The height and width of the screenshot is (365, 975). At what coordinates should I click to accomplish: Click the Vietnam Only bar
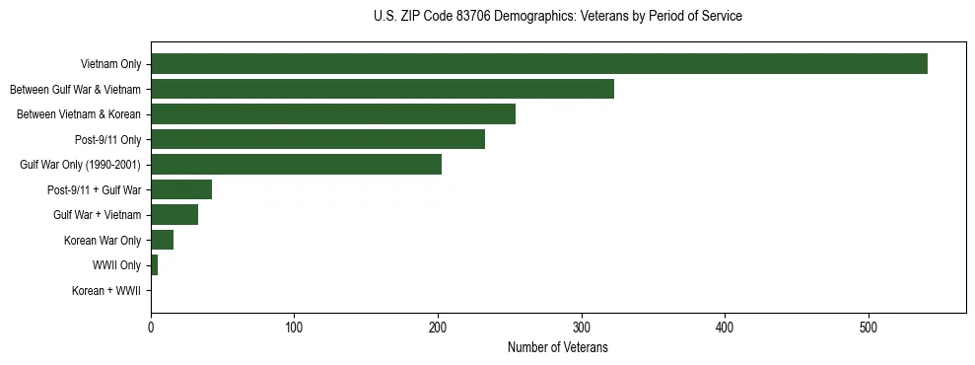point(538,64)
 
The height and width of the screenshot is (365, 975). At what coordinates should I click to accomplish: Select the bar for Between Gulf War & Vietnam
point(383,89)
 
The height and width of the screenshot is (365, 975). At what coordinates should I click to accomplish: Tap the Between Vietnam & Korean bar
point(333,114)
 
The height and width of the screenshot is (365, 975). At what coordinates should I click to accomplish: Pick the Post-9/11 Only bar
point(317,139)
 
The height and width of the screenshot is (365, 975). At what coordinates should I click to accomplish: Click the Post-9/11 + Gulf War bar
point(181,189)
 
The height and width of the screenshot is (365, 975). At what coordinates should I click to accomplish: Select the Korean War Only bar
point(162,240)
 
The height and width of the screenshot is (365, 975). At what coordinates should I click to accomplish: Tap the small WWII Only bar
point(154,265)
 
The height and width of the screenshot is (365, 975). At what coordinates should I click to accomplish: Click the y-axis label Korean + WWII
point(106,291)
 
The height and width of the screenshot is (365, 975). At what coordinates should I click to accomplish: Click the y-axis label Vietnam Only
point(110,64)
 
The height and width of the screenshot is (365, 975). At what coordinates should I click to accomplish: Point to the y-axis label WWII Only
point(116,265)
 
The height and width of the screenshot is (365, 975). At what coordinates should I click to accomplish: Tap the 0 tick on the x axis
point(151,328)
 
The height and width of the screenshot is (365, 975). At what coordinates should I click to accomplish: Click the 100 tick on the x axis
point(294,328)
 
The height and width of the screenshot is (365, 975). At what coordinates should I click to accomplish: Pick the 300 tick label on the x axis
point(582,328)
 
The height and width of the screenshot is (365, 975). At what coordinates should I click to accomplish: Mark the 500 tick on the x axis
point(869,328)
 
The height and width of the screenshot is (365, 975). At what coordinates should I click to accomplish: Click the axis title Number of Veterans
point(557,347)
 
